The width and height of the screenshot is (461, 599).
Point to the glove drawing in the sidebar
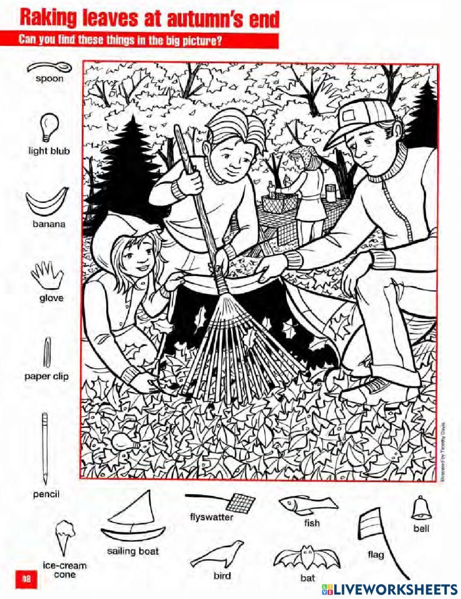[x=47, y=276]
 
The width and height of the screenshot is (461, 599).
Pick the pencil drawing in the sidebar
[x=45, y=448]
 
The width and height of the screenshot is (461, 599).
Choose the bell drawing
[x=421, y=508]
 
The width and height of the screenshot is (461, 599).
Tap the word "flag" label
[x=375, y=554]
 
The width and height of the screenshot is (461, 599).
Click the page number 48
[x=26, y=578]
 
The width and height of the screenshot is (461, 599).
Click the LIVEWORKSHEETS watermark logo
[x=390, y=589]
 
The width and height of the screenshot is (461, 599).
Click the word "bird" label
[x=222, y=575]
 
